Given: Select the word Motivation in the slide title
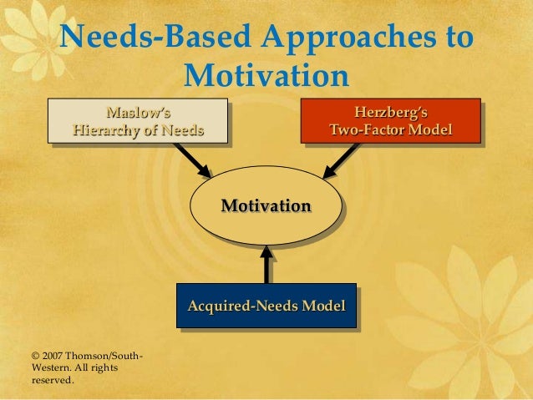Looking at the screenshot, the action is (266, 76).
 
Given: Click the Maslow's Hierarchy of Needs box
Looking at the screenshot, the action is (137, 121).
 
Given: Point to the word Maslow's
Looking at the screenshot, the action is (137, 111).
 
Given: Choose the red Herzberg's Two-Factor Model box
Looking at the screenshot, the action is (390, 120).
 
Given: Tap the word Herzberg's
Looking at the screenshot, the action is (391, 111).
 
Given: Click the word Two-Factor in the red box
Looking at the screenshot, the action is (368, 130).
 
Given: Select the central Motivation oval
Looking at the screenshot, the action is (266, 205).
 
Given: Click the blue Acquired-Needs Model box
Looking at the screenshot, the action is (266, 306).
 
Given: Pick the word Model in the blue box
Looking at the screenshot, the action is (323, 306).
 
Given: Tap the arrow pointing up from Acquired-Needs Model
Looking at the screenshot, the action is (266, 264).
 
